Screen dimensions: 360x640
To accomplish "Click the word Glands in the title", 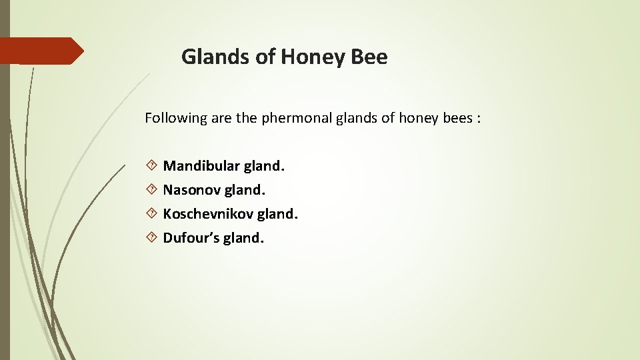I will pos(215,57).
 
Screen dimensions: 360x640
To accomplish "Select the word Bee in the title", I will pos(367,57).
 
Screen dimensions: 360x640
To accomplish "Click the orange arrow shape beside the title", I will pos(41,51).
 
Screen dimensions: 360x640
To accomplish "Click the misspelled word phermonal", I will pos(294,119).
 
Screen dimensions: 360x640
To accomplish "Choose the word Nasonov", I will pos(191,190).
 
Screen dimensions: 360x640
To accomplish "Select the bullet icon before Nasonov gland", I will pos(152,190).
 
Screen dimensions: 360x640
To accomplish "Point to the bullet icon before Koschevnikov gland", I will pos(152,214).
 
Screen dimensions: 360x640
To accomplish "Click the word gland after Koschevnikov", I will pos(277,214).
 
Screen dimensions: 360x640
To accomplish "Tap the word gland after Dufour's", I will pos(243,238).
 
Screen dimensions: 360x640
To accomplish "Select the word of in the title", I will pos(265,57).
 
